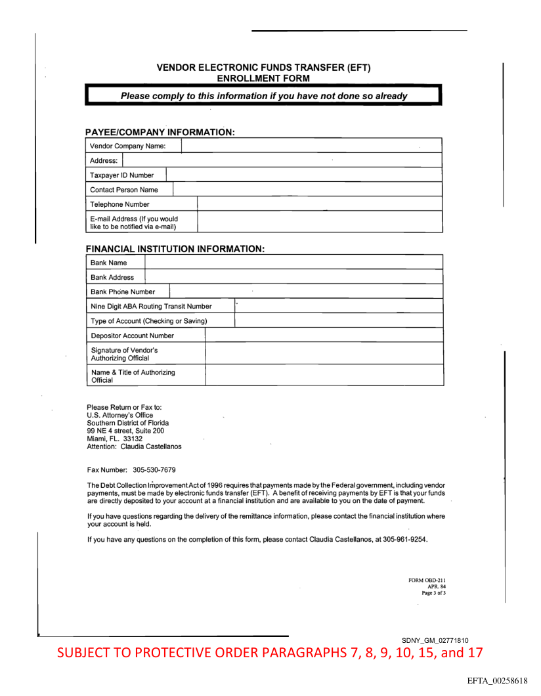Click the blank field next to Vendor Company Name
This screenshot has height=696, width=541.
(x=311, y=146)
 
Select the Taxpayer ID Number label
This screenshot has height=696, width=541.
(x=122, y=175)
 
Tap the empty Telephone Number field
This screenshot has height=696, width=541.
(x=319, y=204)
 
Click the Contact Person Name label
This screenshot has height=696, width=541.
(x=124, y=190)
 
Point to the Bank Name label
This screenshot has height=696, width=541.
(x=109, y=263)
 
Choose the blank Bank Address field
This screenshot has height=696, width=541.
(x=293, y=277)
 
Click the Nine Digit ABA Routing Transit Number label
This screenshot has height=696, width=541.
(x=151, y=306)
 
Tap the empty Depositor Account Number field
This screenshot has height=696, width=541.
(x=324, y=336)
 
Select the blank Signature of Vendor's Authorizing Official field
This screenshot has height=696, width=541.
(x=324, y=354)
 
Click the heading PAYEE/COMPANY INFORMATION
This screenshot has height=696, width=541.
(x=160, y=132)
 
